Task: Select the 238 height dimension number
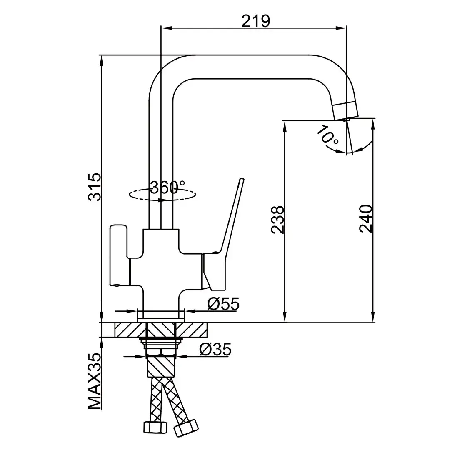277,220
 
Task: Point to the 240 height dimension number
365,219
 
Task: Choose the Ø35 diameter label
215,350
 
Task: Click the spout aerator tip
345,109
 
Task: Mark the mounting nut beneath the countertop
162,344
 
